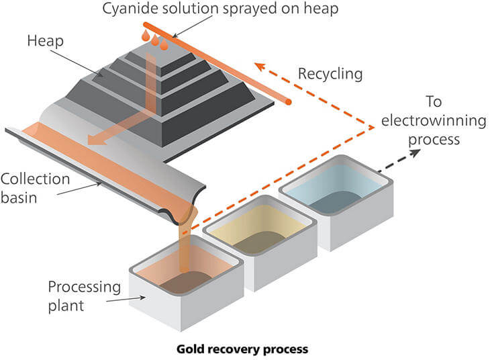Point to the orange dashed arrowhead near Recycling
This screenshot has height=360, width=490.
(x=258, y=66)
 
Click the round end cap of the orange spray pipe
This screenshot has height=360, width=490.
(x=289, y=102)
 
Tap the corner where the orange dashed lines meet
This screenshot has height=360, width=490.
(x=373, y=125)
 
